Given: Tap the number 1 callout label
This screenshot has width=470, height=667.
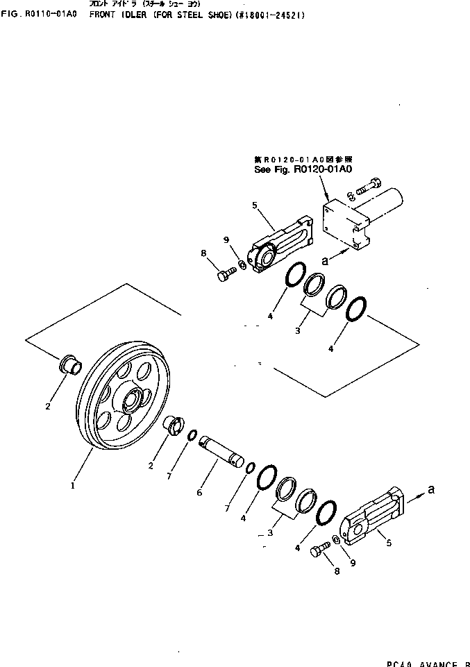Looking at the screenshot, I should [72, 486].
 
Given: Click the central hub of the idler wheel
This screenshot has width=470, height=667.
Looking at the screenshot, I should [132, 401].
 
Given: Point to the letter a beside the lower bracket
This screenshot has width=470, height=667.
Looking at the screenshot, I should [431, 489].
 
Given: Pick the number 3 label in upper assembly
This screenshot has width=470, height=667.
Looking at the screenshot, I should [296, 331].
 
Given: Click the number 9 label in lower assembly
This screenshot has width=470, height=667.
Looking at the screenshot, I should [353, 563].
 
